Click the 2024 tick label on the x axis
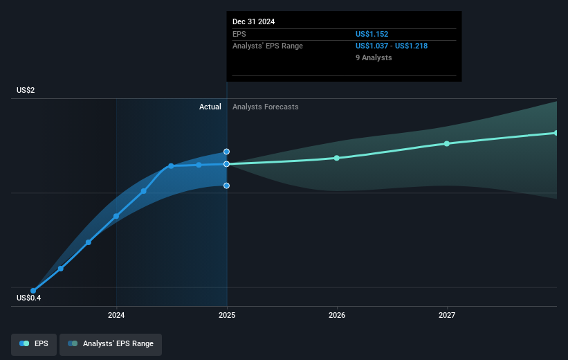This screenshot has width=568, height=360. point(116,316)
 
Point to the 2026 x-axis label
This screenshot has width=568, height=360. point(337,316)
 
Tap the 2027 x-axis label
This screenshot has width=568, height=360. point(447,316)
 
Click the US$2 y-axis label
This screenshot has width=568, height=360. point(27,91)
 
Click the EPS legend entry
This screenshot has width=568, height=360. point(35,343)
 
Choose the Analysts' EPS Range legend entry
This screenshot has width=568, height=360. point(111,343)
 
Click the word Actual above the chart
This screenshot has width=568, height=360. point(210,107)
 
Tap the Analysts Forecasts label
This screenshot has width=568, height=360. point(266,107)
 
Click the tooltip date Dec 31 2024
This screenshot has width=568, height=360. point(253,21)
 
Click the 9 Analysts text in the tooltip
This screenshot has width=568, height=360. point(374,57)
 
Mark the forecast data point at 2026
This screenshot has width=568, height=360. point(337,158)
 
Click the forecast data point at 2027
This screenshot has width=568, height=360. point(447,143)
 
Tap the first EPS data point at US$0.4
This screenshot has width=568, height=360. point(33,291)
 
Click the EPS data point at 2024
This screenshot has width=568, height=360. point(116,216)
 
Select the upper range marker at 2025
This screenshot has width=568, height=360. point(226,151)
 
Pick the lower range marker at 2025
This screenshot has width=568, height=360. point(226,186)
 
